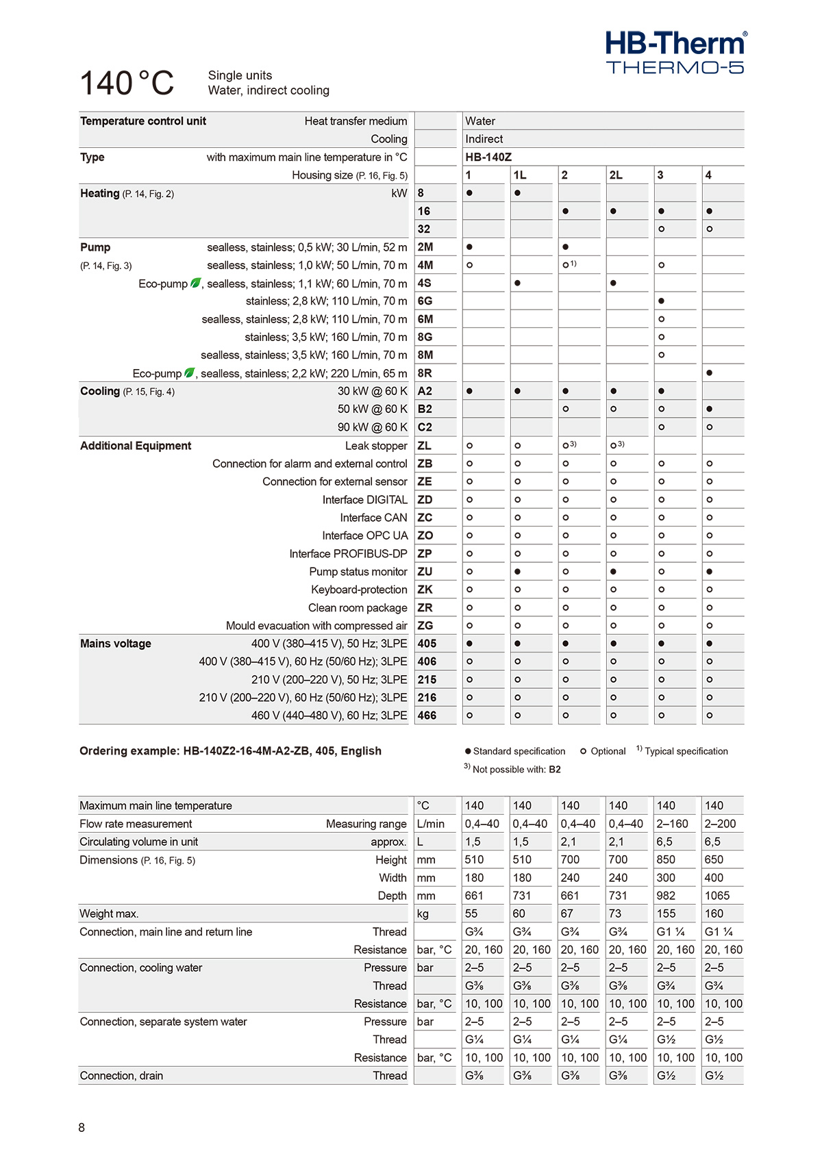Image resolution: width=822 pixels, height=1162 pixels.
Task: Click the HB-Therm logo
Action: (x=675, y=52)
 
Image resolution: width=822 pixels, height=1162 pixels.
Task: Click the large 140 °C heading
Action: (x=127, y=84)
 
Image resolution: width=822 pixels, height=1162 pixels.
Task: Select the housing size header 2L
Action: (x=616, y=175)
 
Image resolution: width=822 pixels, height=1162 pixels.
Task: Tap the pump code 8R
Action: (x=425, y=373)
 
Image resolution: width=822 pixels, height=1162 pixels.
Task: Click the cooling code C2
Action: (x=425, y=427)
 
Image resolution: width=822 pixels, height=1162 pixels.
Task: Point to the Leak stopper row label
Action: (x=376, y=446)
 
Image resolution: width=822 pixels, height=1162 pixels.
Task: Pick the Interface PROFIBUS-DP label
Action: (x=348, y=554)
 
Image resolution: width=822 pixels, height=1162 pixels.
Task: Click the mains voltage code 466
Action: (x=427, y=716)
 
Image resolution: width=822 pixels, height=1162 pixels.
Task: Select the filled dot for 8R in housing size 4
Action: (x=709, y=373)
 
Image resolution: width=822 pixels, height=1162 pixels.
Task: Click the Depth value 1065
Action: (x=717, y=896)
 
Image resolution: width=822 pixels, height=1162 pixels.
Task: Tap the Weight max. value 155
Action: (x=666, y=913)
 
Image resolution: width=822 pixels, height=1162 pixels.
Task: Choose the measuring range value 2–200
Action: (x=719, y=824)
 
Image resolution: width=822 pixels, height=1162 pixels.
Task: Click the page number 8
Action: (x=82, y=1128)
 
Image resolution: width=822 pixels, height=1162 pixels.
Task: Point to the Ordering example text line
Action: (x=230, y=751)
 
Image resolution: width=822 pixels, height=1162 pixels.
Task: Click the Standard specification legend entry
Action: (x=515, y=751)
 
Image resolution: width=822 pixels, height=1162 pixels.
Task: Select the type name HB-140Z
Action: (x=488, y=157)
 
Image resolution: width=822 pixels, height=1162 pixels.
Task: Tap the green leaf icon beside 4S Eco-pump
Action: (x=195, y=283)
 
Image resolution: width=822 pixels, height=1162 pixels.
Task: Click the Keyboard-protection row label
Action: (x=359, y=590)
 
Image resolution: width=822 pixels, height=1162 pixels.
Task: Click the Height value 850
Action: (x=666, y=859)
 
